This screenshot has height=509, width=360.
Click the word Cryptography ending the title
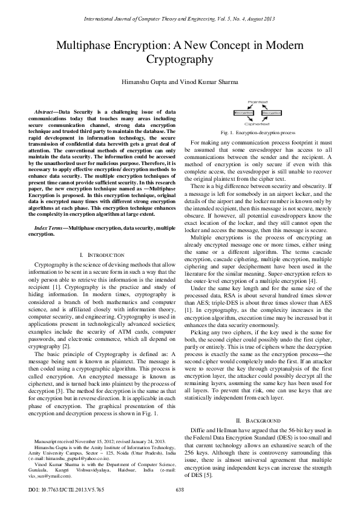tap(180, 60)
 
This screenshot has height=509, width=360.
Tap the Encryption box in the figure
tap(244, 113)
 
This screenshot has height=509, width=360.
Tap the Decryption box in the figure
tap(272, 113)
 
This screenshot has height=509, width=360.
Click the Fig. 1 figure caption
tap(258, 131)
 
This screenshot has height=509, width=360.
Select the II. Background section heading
tap(258, 420)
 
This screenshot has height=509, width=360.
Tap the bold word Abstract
tap(45, 112)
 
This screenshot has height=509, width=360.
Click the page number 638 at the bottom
tap(180, 489)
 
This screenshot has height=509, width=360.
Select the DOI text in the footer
tap(56, 489)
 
